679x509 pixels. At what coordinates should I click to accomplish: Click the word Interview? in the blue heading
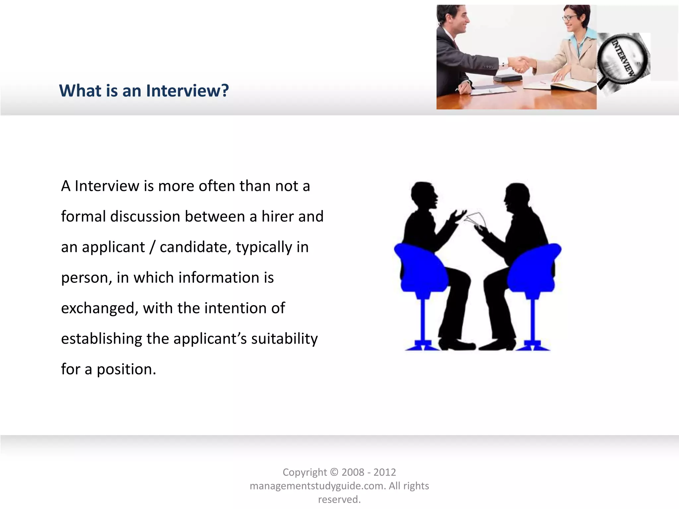187,91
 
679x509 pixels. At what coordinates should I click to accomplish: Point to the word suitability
284,339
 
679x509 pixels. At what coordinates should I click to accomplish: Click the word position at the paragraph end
126,369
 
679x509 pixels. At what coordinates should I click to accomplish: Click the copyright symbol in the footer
334,472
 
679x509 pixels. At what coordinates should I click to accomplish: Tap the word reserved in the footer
339,499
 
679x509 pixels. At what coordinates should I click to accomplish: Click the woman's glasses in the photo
569,18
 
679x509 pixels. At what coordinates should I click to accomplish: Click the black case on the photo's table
508,79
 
